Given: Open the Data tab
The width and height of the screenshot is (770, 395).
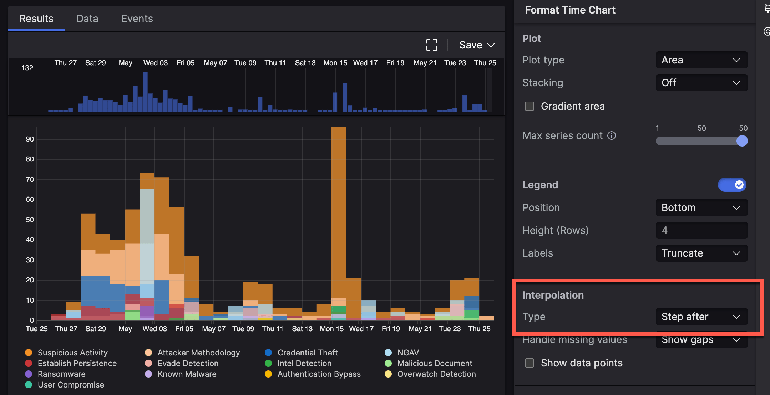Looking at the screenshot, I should [x=87, y=19].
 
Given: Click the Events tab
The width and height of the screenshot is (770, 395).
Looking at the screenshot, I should [x=137, y=19].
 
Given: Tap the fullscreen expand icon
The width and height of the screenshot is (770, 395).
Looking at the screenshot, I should [x=432, y=45].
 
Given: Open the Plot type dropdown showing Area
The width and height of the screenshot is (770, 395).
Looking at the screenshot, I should [x=701, y=60].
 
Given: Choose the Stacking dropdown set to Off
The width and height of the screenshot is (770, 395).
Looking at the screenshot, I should [x=701, y=83].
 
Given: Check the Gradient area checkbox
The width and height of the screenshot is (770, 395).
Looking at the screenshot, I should [x=530, y=106].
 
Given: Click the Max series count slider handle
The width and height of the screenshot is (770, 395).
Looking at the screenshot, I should [x=742, y=141].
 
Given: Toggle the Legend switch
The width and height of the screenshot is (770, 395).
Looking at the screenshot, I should [x=732, y=185].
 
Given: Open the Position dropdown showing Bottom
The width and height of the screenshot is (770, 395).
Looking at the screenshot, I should [x=701, y=207].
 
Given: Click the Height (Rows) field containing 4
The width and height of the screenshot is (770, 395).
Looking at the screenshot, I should [x=701, y=230].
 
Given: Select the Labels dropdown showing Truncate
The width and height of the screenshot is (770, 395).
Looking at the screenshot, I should [x=701, y=253].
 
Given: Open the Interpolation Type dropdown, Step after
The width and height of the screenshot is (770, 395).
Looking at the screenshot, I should [x=701, y=317].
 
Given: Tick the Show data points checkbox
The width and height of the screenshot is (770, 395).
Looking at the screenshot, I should [x=530, y=363].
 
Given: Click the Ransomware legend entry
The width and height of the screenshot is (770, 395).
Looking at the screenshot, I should [x=61, y=374].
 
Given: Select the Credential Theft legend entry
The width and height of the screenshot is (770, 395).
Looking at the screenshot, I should [x=307, y=353].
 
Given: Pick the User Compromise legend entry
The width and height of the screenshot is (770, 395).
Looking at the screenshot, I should [x=71, y=385].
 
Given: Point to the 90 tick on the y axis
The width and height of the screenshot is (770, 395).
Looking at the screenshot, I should [x=30, y=139].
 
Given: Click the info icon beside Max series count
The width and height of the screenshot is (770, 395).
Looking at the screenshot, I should [x=612, y=135].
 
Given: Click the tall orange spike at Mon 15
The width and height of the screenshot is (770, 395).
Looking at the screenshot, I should [x=339, y=214].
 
